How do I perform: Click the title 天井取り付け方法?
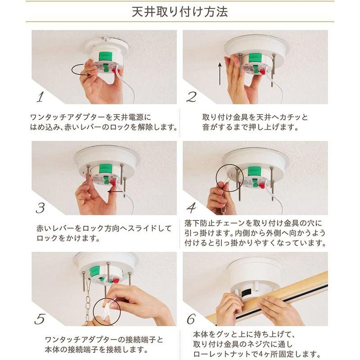180,12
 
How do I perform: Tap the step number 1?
40,97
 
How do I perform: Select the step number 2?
191,97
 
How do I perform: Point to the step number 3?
40,208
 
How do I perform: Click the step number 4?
191,208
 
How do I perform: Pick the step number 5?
40,319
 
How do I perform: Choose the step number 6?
191,319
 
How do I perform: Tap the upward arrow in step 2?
220,74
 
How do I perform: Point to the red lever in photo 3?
113,183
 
